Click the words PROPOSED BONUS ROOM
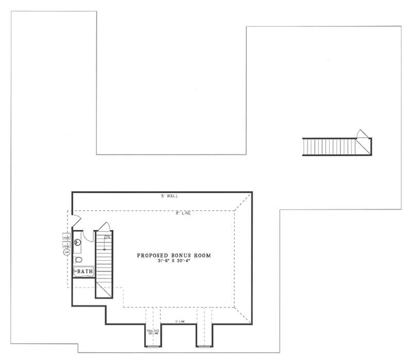[x=174, y=255]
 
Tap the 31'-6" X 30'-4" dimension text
[x=174, y=261]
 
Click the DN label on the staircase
[x=107, y=237]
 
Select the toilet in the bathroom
[x=78, y=259]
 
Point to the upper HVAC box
[x=66, y=237]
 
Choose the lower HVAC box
[x=66, y=246]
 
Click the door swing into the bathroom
[x=85, y=238]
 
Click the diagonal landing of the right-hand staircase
[x=364, y=146]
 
